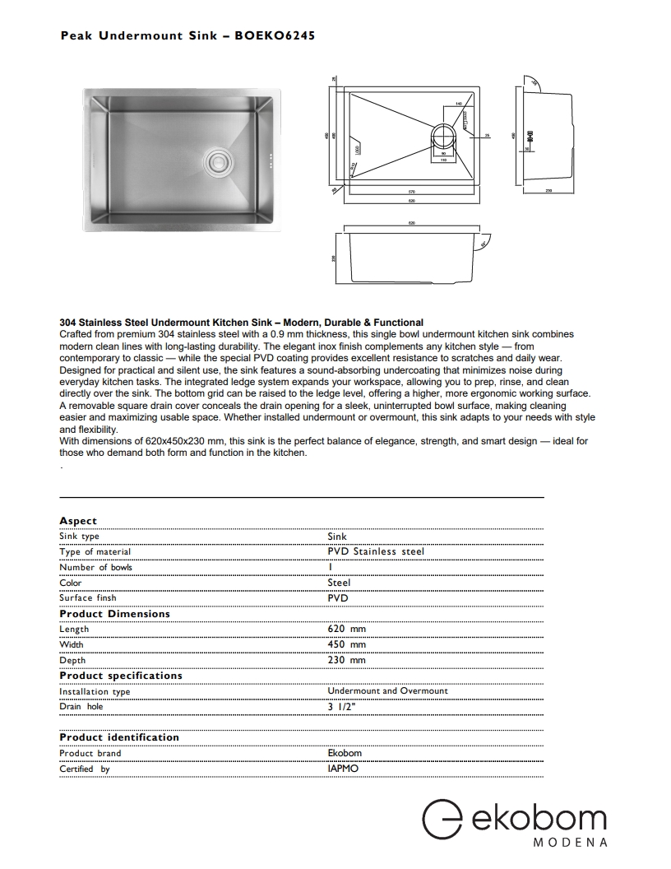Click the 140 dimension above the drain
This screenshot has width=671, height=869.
[457, 105]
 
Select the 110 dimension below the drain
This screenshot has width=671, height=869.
[443, 160]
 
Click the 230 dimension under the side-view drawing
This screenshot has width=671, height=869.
[548, 191]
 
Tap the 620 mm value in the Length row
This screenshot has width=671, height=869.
[346, 629]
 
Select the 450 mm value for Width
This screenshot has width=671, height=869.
[346, 644]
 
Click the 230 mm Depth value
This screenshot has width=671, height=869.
[346, 660]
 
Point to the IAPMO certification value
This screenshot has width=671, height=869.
[343, 769]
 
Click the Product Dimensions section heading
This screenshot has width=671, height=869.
[114, 614]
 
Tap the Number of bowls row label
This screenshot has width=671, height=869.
[95, 567]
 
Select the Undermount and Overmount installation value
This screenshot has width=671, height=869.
[387, 691]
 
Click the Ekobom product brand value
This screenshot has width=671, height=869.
[344, 753]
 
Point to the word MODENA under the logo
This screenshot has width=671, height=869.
[570, 843]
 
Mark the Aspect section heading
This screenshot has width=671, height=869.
[78, 521]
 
